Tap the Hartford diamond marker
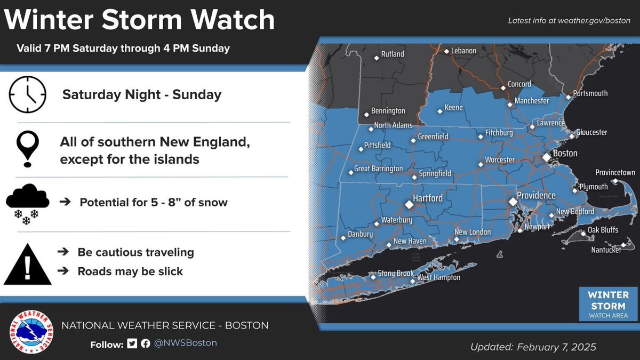tap(409, 204)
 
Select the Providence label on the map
tap(536, 196)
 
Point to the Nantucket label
tap(606, 250)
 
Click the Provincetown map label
tap(615, 173)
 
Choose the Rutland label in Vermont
tap(392, 54)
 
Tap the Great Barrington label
tap(379, 169)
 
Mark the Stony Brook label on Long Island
tap(396, 274)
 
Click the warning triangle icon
tap(28, 264)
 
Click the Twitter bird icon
tap(132, 343)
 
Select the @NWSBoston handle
tap(186, 343)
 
